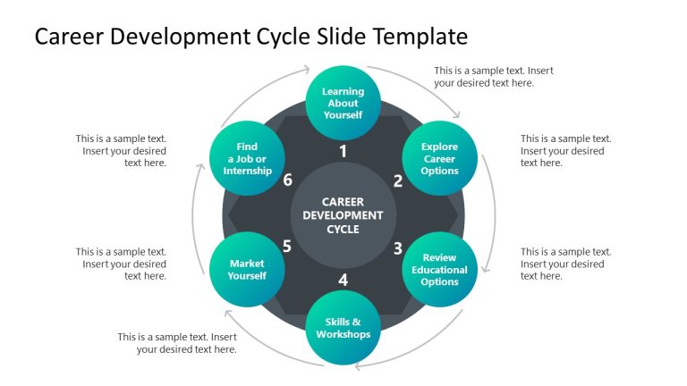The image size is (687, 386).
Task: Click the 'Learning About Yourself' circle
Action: click(x=343, y=103)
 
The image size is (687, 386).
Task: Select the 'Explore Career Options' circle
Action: click(x=439, y=159)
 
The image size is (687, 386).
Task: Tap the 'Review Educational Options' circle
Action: click(x=439, y=270)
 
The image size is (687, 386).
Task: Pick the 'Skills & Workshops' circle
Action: click(x=343, y=327)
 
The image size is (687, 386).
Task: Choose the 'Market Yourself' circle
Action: click(x=247, y=270)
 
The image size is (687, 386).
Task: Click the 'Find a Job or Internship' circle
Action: click(x=247, y=159)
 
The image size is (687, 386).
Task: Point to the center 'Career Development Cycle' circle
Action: click(x=343, y=215)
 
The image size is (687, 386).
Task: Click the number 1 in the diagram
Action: click(x=343, y=152)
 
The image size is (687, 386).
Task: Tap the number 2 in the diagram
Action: click(x=398, y=180)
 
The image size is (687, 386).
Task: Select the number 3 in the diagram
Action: click(x=398, y=248)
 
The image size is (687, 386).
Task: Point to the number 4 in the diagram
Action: click(x=343, y=280)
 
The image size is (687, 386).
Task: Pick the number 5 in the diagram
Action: click(x=287, y=247)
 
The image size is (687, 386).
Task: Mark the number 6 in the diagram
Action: click(x=287, y=180)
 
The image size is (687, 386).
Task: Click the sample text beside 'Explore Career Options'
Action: click(x=565, y=150)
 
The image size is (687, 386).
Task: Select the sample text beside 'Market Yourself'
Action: click(x=122, y=264)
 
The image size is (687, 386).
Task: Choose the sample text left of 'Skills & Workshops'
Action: click(x=177, y=343)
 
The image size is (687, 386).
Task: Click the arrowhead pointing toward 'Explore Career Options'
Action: click(x=457, y=116)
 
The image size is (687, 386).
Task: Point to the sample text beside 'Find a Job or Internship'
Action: click(x=122, y=150)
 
